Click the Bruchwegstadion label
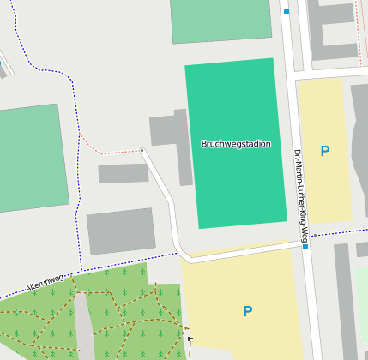235,144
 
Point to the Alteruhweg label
45,283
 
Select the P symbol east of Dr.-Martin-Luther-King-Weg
324,152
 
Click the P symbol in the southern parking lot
247,311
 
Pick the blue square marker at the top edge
287,11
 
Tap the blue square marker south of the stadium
305,247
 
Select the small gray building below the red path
123,173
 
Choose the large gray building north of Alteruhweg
121,231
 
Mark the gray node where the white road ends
142,150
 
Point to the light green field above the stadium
220,20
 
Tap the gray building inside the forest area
83,326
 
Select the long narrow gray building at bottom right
345,300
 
